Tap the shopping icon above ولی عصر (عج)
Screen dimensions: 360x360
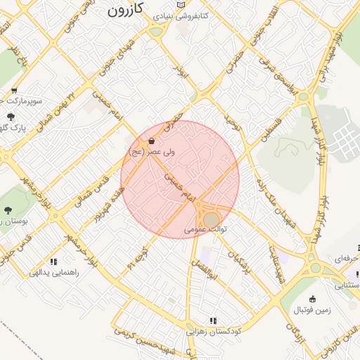151,141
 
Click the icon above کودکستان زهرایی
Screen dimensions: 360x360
212,321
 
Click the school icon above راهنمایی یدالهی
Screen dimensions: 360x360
54,262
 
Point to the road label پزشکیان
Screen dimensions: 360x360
239,260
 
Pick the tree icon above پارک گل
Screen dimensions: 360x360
10,117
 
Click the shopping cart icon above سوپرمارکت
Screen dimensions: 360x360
15,91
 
